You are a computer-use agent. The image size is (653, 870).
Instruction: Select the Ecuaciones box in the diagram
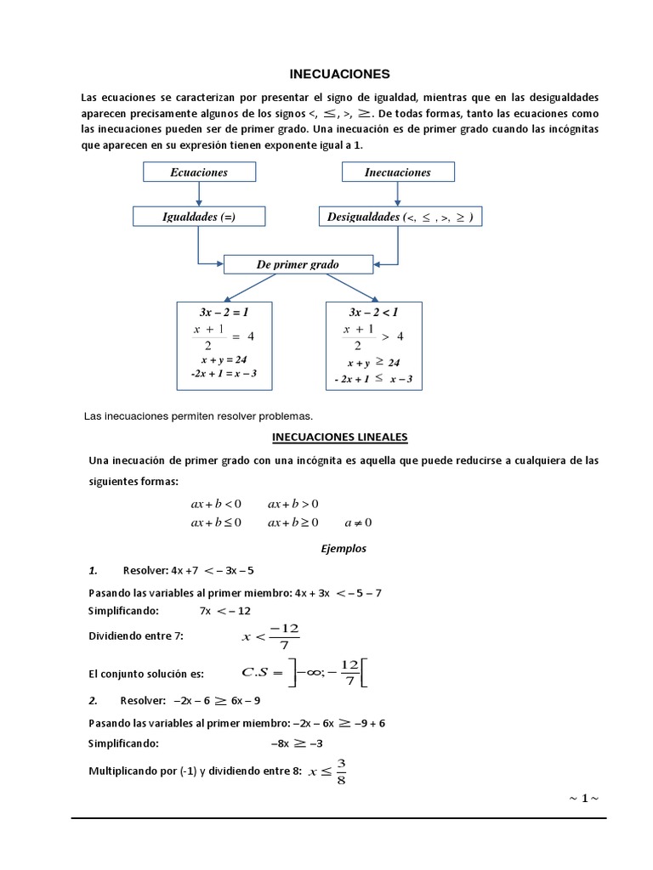coord(198,172)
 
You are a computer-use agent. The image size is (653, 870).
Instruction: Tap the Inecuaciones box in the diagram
coord(397,172)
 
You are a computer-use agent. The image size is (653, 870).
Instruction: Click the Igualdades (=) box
coord(198,217)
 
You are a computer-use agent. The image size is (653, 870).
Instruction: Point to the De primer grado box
coord(298,264)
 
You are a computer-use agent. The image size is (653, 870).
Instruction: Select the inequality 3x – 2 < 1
coord(373,312)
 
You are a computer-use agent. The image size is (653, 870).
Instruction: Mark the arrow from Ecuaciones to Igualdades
coord(198,195)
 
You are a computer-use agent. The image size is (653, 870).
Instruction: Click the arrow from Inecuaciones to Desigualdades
coord(397,195)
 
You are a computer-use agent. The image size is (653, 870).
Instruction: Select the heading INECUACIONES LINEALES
coord(339,438)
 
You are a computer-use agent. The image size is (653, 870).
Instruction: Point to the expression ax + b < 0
coord(216,504)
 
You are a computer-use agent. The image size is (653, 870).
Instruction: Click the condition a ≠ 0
coord(358,523)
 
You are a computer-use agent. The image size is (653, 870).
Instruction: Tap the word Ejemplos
coord(344,548)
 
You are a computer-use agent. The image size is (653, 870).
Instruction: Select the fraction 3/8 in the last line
coord(341,771)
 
